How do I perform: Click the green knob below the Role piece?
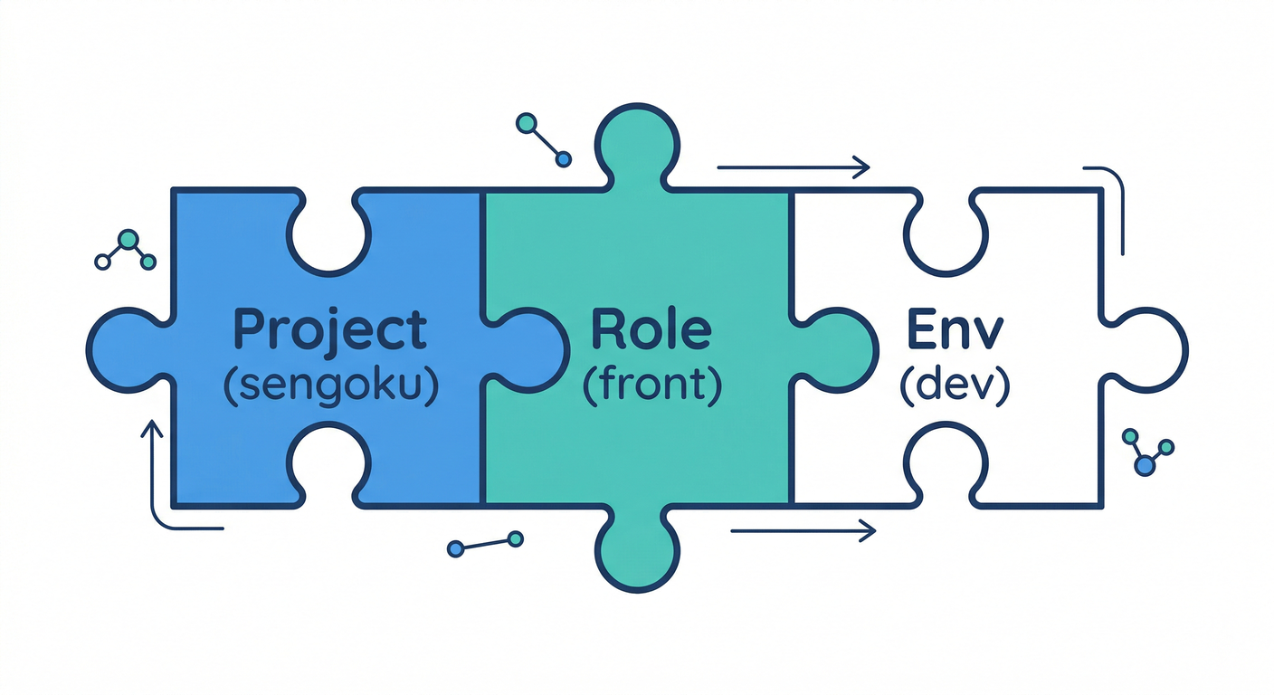point(637,552)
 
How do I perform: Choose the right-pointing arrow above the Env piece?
point(793,167)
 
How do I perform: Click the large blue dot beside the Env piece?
point(1145,466)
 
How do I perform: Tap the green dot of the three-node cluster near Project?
point(128,240)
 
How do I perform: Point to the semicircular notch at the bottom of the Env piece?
point(945,462)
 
